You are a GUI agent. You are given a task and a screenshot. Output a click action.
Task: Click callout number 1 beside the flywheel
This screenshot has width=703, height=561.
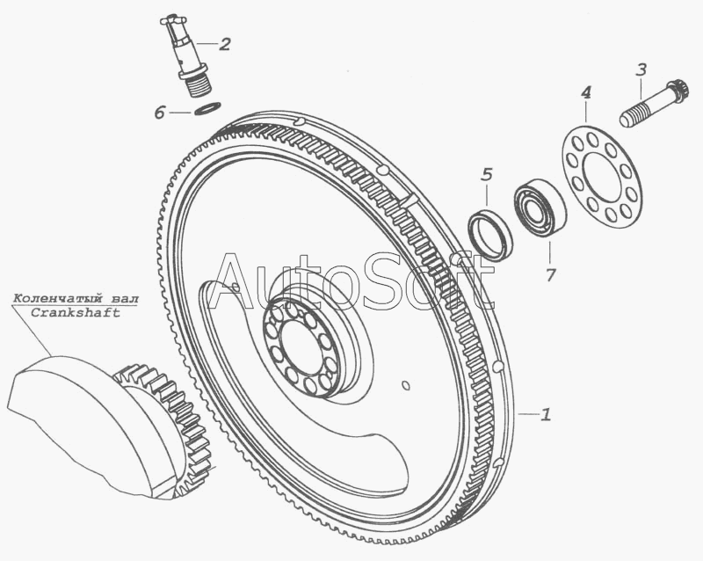(x=546, y=414)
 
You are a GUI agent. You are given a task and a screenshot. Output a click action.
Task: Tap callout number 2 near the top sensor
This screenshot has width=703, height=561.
(x=225, y=44)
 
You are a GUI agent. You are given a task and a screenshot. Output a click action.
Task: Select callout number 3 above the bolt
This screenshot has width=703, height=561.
(x=641, y=70)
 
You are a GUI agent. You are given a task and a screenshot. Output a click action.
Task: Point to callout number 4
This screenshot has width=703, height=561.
(x=585, y=93)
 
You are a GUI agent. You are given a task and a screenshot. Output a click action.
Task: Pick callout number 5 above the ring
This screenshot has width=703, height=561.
(x=487, y=175)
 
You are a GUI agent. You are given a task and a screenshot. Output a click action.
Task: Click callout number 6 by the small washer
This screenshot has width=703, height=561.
(x=159, y=113)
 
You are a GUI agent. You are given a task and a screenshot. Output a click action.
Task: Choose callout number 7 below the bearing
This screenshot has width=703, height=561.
(x=551, y=274)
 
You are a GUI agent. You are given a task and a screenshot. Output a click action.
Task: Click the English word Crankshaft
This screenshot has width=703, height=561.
(x=76, y=313)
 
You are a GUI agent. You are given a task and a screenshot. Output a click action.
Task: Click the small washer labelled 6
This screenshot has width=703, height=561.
(x=207, y=109)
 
